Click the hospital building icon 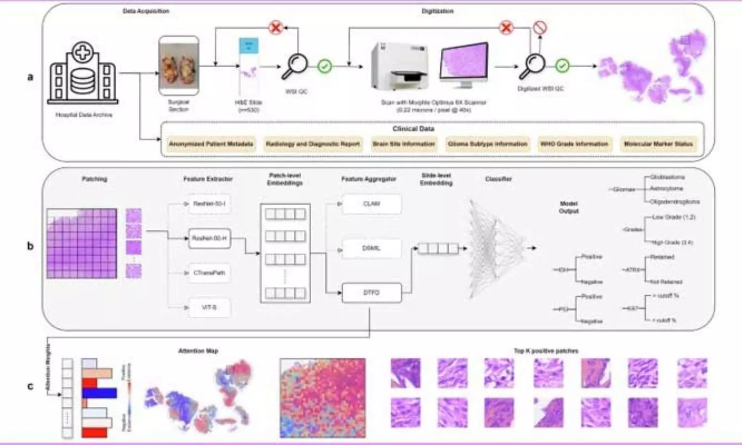tap(83, 73)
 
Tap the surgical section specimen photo tap(179, 65)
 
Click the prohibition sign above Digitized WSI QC tap(540, 28)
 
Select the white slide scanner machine tap(400, 67)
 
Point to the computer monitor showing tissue tap(464, 65)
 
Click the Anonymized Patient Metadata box tap(211, 144)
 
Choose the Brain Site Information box tap(404, 144)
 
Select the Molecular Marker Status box tap(658, 144)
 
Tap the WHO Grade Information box tap(574, 144)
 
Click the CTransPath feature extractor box tap(209, 273)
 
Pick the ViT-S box tap(209, 308)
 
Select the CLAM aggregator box tap(371, 204)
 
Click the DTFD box tap(371, 293)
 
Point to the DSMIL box tap(371, 248)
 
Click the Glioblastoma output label tap(667, 177)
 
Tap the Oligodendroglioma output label tap(674, 202)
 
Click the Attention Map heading tap(198, 351)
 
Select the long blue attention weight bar tap(99, 393)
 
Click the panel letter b tap(30, 246)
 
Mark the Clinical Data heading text tap(413, 129)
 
